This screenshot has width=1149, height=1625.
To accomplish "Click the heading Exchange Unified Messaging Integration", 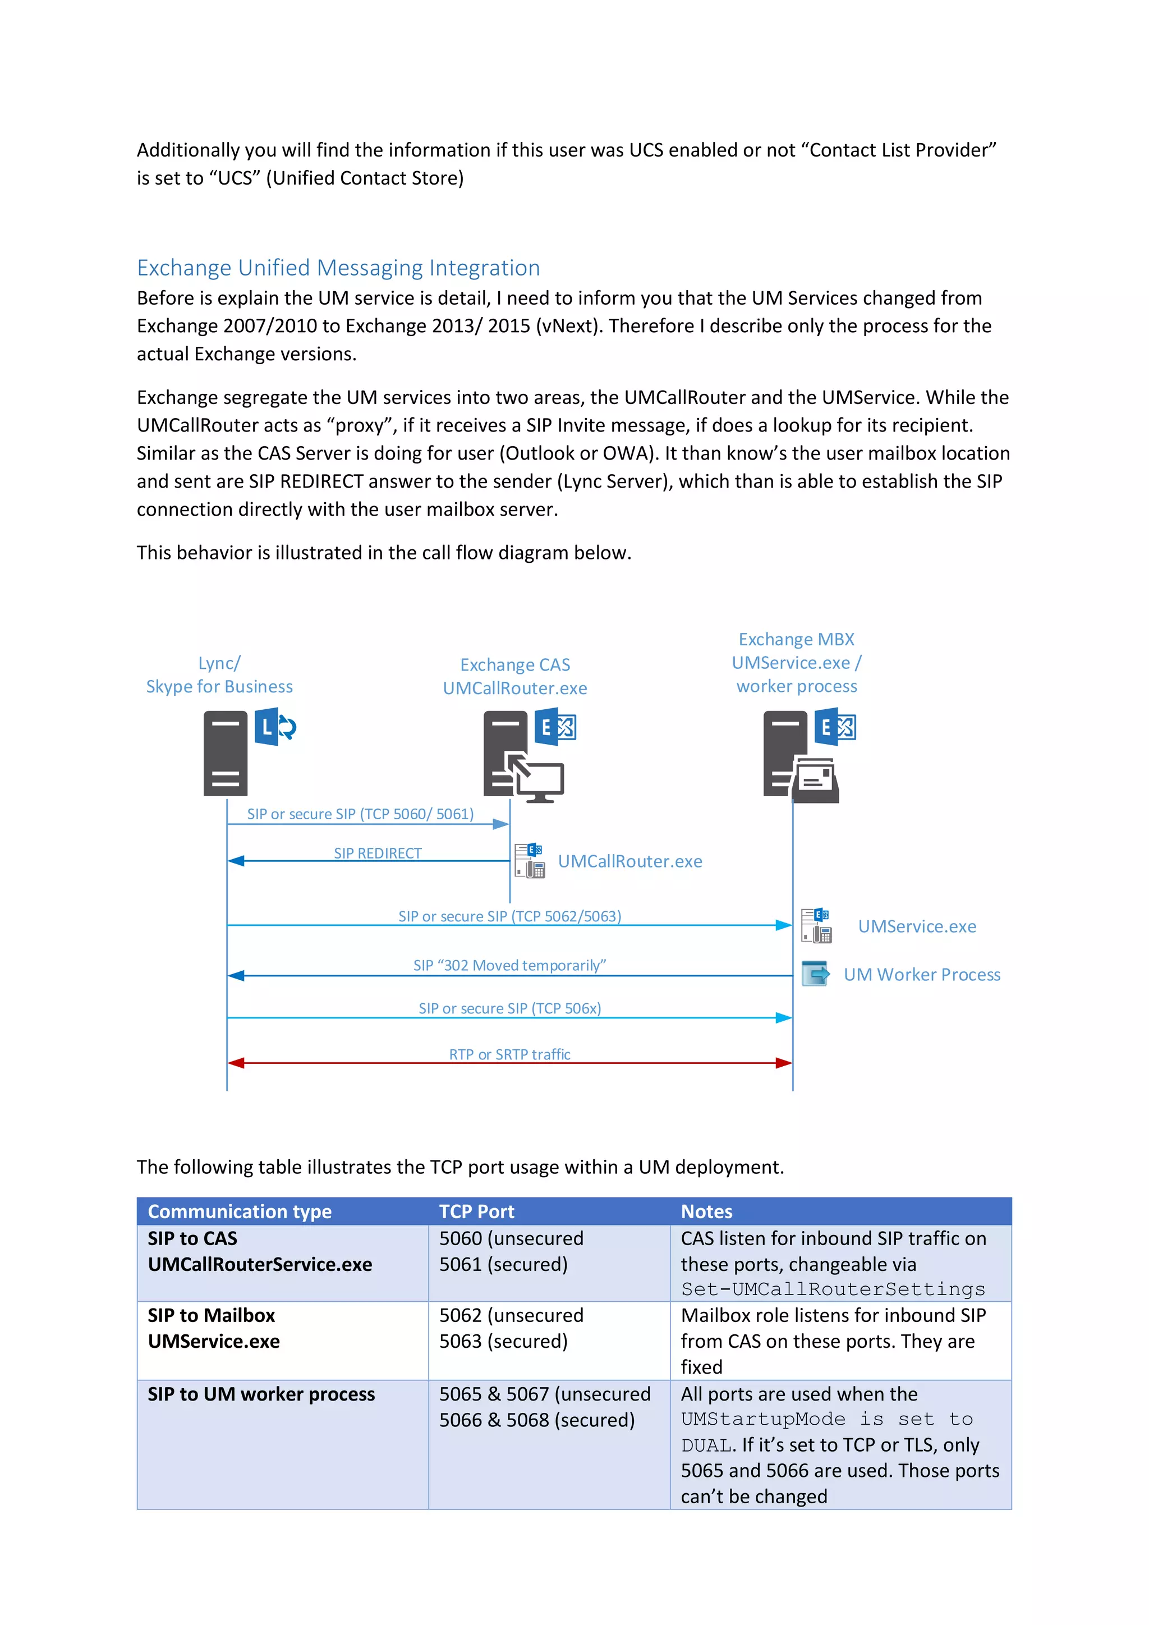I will point(338,268).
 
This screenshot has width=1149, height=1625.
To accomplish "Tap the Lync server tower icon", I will point(225,753).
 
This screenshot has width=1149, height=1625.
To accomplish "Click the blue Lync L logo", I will point(266,726).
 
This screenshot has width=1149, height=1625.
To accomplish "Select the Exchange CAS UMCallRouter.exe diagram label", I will point(515,676).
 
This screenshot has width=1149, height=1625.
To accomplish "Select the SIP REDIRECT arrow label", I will point(377,853).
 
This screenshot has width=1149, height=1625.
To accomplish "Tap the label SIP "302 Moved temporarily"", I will point(509,965).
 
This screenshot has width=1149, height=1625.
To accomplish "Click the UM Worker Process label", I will point(921,975).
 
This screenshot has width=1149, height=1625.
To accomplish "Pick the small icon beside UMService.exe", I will point(816,926).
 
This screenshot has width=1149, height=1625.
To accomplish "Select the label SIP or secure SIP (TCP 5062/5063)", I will point(509,916).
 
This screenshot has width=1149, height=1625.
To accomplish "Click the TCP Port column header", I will point(476,1211).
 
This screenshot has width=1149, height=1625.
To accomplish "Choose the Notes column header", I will point(706,1211).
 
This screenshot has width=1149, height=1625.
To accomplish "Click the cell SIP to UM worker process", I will point(261,1394).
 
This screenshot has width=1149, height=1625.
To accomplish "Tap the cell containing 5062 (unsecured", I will point(511,1315).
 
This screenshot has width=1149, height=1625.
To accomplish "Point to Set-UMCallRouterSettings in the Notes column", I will point(833,1289).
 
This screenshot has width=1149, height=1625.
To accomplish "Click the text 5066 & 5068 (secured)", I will point(536,1420).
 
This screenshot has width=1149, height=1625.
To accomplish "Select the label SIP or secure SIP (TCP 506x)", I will point(509,1008).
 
